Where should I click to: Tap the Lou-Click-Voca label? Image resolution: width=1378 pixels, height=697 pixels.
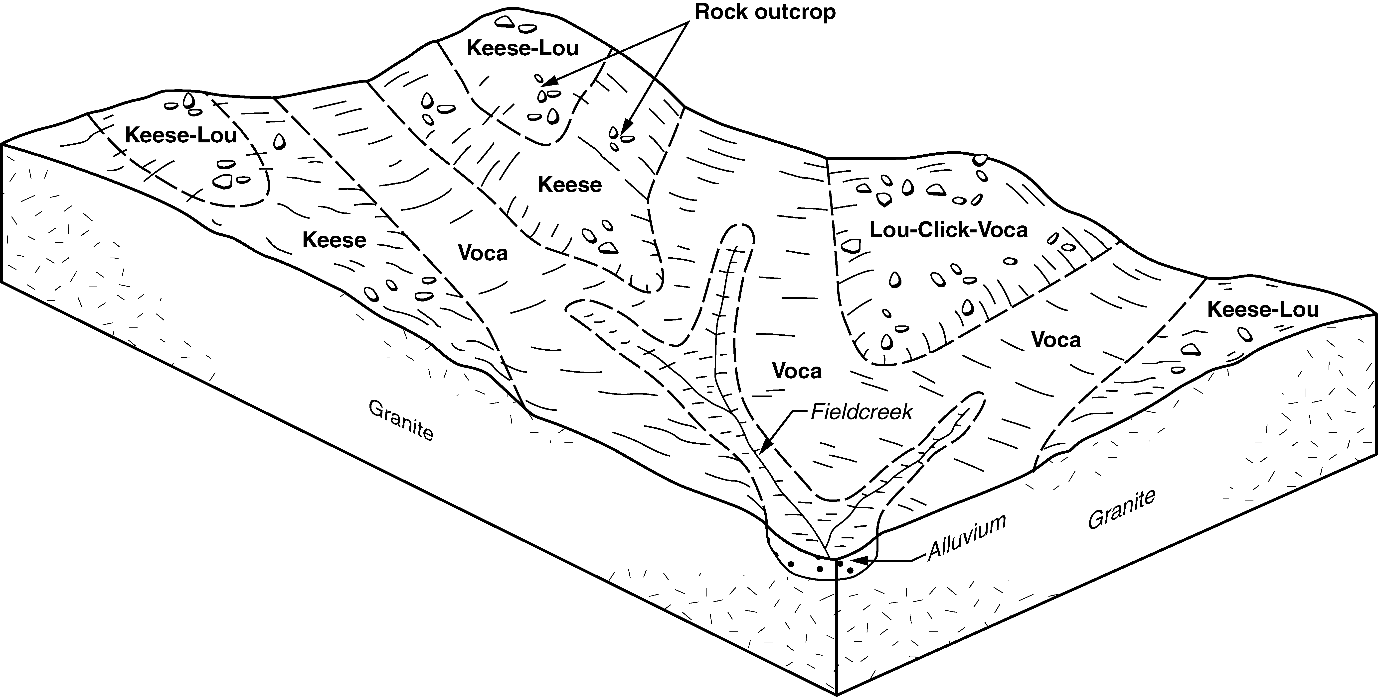pos(948,230)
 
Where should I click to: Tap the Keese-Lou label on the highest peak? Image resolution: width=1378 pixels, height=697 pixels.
pos(523,48)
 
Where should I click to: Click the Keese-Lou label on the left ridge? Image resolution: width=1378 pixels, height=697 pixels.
pos(181,135)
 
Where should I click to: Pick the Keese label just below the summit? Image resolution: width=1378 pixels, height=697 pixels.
pos(570,185)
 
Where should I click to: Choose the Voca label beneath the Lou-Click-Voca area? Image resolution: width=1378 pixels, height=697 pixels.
pos(1056,340)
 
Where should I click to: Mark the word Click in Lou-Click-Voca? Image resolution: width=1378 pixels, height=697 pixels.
pos(949,230)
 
